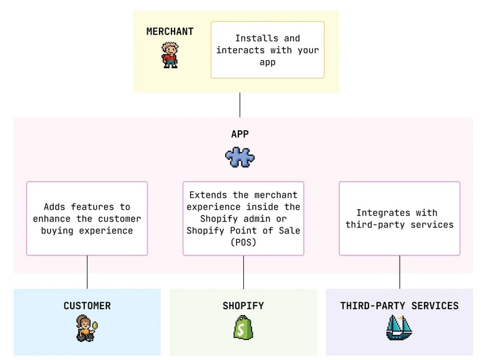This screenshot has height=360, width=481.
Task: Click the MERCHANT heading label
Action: click(170, 31)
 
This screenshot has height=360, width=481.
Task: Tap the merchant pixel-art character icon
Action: click(170, 55)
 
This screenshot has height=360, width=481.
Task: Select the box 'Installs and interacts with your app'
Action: click(267, 50)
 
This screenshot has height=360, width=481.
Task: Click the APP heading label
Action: click(240, 134)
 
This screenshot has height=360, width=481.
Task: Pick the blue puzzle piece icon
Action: click(240, 157)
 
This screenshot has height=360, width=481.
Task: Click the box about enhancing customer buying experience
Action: click(87, 219)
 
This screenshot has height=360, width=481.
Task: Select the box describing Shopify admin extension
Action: click(243, 219)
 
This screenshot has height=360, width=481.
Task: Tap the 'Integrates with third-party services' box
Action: click(399, 219)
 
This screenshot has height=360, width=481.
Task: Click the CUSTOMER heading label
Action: click(87, 306)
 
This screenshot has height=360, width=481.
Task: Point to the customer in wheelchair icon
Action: click(85, 328)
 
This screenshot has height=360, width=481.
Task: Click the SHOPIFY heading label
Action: click(243, 306)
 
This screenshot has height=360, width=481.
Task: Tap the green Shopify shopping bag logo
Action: click(243, 327)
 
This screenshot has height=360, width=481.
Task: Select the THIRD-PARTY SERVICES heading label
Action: click(399, 306)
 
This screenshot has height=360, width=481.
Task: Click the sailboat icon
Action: click(398, 327)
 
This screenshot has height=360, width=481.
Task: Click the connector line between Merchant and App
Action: click(240, 105)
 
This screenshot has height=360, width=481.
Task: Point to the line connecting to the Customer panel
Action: click(87, 272)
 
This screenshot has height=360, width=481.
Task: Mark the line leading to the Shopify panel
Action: click(243, 272)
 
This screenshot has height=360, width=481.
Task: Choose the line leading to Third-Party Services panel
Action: click(400, 272)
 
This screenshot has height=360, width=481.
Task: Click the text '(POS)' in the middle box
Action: click(243, 242)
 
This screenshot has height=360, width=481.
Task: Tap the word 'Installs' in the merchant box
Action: click(256, 38)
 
